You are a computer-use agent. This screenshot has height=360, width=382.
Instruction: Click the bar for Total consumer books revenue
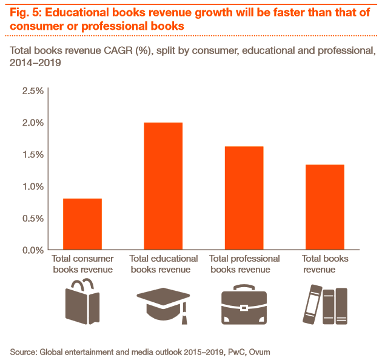82,224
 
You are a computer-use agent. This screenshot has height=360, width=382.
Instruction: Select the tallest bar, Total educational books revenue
163,186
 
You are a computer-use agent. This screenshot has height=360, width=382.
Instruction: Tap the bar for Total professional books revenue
244,198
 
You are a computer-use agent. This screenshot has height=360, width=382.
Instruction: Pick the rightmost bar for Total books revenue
324,207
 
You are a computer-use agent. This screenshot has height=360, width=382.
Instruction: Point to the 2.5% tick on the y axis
32,91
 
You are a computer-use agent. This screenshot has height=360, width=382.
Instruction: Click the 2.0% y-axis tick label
32,123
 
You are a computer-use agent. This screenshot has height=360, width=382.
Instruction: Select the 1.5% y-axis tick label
32,154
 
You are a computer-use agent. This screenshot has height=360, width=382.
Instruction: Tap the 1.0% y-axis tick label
32,186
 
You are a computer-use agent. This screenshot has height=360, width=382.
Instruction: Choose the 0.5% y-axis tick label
32,218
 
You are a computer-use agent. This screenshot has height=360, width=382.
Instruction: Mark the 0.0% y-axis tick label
32,250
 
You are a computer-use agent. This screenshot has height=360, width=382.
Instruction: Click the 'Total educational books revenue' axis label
163,264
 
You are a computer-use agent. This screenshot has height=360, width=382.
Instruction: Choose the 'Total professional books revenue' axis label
244,264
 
